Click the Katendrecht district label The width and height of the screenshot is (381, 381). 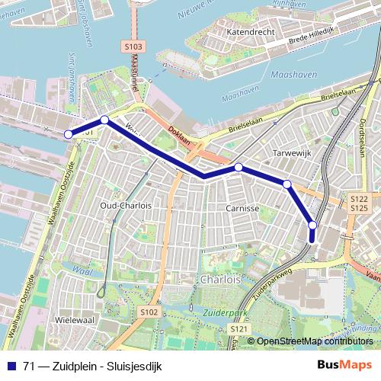click(x=248, y=34)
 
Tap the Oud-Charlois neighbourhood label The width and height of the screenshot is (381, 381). click(x=126, y=206)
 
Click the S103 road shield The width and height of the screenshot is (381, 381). click(x=133, y=47)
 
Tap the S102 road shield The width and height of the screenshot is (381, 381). click(x=149, y=312)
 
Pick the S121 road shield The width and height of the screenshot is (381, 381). click(x=239, y=328)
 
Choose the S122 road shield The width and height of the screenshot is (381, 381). click(x=360, y=198)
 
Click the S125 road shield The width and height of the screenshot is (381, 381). click(x=360, y=207)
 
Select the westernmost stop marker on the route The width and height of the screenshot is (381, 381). click(x=69, y=134)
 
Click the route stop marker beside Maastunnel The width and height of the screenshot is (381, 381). click(x=104, y=120)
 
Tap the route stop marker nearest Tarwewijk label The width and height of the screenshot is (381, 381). click(x=287, y=184)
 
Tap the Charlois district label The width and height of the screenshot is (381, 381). click(x=219, y=280)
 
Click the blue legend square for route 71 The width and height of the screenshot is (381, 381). click(x=11, y=365)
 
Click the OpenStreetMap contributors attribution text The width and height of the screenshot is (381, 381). click(x=314, y=341)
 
